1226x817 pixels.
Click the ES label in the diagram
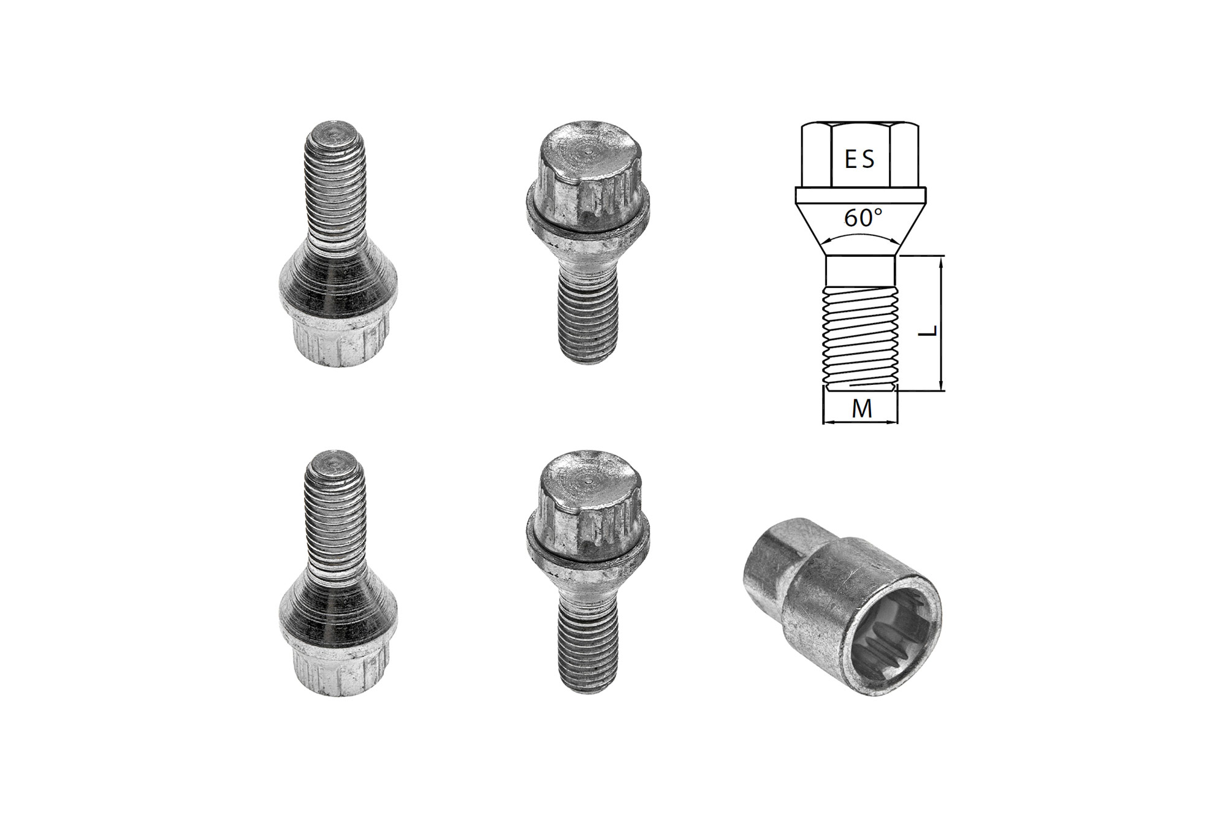pos(859,159)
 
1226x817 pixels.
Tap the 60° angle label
pos(864,218)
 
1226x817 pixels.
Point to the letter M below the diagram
pos(861,409)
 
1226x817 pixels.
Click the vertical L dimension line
pos(941,323)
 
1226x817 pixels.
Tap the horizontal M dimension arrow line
pos(859,422)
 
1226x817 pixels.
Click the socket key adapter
pos(842,607)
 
